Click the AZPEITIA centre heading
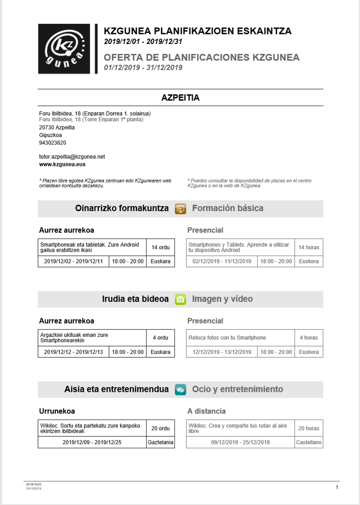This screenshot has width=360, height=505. point(180,98)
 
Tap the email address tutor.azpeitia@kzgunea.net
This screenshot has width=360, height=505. point(72,157)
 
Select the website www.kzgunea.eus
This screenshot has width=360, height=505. point(62,164)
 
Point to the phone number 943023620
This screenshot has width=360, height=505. point(53,143)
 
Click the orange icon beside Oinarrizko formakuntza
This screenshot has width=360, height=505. point(180,208)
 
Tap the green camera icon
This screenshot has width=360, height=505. point(180,299)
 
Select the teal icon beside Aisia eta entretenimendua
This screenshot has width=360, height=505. point(180,390)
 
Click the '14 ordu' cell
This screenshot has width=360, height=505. point(160,248)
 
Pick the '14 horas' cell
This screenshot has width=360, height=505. point(309,248)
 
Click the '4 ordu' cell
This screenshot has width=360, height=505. point(160,338)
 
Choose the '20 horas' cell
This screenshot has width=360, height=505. point(309,429)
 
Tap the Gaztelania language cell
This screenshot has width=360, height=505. point(160,443)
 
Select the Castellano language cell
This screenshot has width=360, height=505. point(309,443)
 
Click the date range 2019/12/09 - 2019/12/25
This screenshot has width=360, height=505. point(92,443)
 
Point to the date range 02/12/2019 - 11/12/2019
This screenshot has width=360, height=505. point(222,261)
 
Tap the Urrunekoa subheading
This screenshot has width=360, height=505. point(57,411)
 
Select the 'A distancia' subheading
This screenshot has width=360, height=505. point(206,411)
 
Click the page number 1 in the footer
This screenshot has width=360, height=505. point(337,487)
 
